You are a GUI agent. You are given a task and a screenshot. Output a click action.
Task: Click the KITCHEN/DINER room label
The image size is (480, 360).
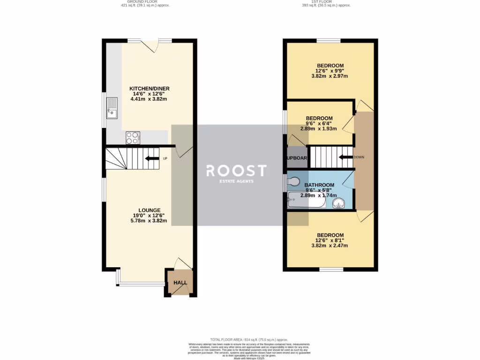click(150, 88)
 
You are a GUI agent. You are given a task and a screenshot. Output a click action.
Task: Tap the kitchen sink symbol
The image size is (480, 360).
click(112, 108)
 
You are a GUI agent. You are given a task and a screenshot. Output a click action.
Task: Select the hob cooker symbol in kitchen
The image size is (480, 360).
click(133, 138)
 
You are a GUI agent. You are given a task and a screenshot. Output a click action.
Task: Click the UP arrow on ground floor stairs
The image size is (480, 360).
click(152, 158)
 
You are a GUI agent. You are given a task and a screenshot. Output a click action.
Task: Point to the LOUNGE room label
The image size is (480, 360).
click(150, 210)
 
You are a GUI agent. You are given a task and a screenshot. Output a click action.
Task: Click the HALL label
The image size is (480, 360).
click(180, 283)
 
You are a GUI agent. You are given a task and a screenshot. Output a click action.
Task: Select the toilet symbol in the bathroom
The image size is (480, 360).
click(294, 181)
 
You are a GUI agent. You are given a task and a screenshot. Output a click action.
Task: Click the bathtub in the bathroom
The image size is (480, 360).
click(306, 200)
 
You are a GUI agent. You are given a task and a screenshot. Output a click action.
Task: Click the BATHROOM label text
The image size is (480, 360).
click(319, 185)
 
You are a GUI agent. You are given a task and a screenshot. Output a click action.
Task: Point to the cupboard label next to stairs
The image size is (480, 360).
click(297, 158)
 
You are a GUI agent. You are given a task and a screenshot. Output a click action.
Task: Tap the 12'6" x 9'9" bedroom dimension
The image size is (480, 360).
click(330, 71)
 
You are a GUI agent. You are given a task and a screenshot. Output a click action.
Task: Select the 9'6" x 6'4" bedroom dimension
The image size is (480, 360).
click(319, 123)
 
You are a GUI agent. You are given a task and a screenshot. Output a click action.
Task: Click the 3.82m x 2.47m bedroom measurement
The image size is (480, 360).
click(330, 245)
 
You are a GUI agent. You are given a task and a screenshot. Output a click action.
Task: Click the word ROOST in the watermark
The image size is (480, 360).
click(237, 171)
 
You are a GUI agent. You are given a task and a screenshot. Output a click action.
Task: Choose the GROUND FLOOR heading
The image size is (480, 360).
click(145, 2)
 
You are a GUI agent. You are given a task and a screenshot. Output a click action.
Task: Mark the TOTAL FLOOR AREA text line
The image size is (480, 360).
click(249, 339)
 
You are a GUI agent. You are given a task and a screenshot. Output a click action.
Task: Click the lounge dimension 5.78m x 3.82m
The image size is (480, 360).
click(150, 220)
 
